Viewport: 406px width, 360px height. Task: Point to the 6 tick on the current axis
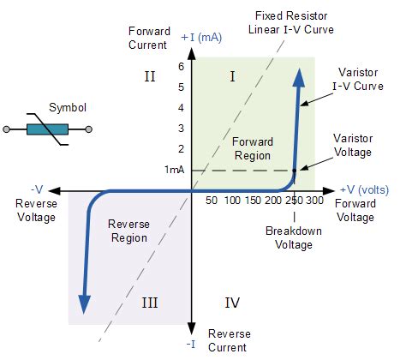pyautogui.click(x=182, y=67)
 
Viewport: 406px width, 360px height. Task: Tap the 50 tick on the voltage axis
pyautogui.click(x=212, y=200)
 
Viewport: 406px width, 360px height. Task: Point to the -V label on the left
pyautogui.click(x=37, y=189)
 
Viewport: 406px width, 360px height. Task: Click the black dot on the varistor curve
pyautogui.click(x=294, y=171)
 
